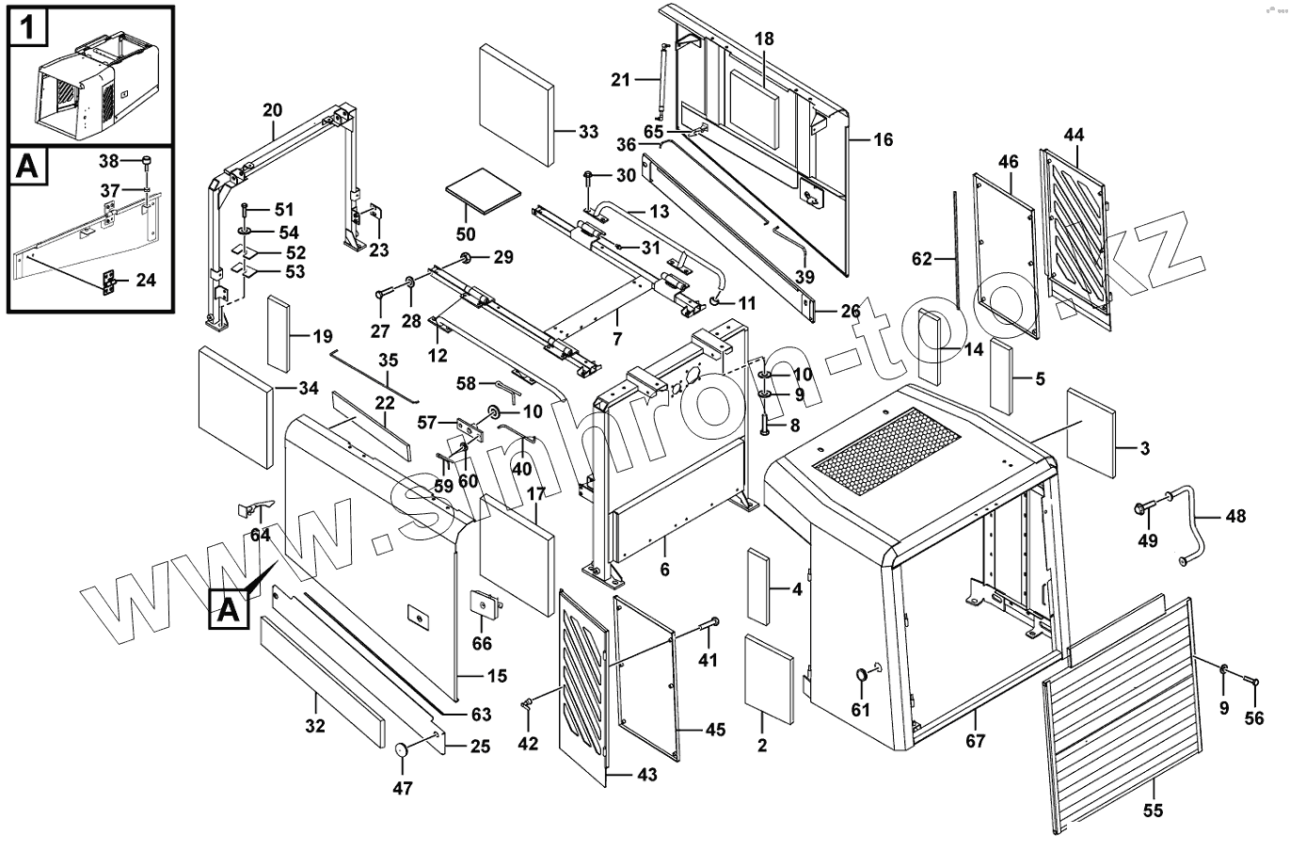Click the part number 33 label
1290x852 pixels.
(x=588, y=132)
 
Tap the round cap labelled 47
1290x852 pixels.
(x=402, y=750)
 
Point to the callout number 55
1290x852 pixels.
(x=1153, y=811)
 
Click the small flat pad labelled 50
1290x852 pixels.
(x=484, y=191)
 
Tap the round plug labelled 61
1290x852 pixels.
(x=862, y=675)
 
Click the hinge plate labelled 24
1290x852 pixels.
(x=108, y=282)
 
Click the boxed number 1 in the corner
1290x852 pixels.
(x=28, y=27)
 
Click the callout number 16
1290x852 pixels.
(x=883, y=139)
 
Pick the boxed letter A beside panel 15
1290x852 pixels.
(x=229, y=608)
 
